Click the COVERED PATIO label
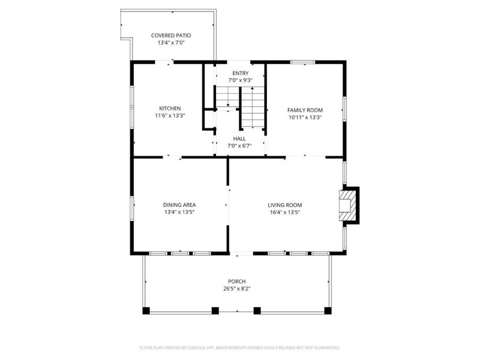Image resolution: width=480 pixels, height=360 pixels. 170,35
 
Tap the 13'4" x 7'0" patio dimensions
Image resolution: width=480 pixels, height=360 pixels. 170,43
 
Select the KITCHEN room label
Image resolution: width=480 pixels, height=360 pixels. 170,108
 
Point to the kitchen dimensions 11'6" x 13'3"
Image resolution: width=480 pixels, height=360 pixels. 170,116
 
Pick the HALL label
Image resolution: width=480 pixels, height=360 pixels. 239,138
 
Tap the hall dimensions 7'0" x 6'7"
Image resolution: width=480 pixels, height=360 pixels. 239,146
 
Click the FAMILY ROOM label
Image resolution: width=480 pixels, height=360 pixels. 305,110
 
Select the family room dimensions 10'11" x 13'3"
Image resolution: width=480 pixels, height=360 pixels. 305,118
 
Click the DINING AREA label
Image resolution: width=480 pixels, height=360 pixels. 179,205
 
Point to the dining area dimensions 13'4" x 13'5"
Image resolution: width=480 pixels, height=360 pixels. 179,212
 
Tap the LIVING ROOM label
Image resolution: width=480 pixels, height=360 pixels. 284,205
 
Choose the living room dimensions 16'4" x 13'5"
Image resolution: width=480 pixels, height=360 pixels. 284,212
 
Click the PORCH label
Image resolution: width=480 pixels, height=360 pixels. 236,281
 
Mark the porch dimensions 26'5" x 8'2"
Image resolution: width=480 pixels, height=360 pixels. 236,289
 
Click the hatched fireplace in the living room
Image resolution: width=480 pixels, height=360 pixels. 347,205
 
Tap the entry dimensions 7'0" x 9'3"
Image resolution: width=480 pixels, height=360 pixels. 240,80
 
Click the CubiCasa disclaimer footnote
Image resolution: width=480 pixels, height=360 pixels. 239,347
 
